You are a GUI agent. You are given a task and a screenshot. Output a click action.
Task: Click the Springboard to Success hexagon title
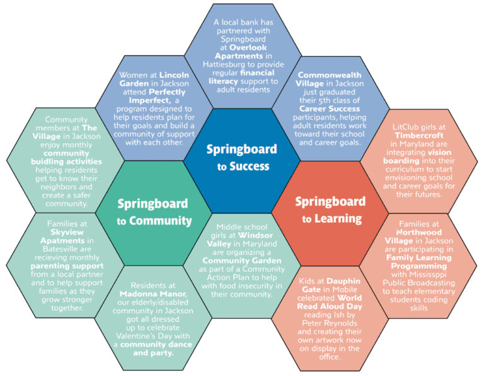[242, 158]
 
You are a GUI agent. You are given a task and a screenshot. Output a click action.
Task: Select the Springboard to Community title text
[154, 213]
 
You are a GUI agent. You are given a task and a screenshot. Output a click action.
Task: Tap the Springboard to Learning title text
[330, 210]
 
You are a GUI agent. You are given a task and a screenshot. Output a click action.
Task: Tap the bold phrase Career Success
[330, 109]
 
